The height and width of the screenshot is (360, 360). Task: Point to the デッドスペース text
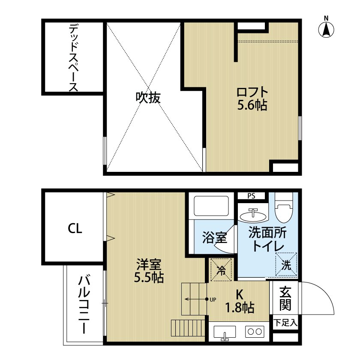[x=73, y=58]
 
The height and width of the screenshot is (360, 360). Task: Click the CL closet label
[x=75, y=228]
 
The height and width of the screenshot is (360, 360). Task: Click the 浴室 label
[x=214, y=237]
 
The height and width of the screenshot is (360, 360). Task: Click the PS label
[x=251, y=196]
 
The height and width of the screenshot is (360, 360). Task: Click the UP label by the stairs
[x=213, y=299]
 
